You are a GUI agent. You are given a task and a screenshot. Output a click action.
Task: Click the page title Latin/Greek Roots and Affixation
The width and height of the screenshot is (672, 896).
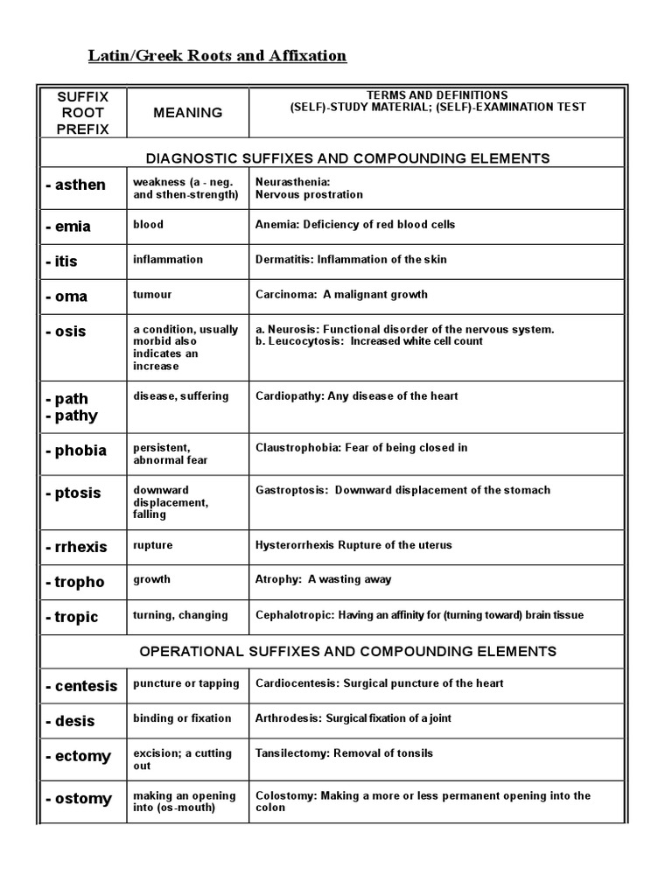217,56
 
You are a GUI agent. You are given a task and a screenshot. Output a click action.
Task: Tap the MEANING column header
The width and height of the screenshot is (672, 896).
187,112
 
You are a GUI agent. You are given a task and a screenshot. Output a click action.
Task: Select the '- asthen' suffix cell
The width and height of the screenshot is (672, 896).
76,185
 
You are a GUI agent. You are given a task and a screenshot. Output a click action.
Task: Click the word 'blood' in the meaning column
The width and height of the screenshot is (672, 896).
148,224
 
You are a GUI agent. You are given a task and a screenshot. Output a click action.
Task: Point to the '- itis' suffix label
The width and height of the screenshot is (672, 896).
63,261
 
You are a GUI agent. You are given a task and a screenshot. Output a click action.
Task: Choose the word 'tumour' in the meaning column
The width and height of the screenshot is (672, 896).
152,294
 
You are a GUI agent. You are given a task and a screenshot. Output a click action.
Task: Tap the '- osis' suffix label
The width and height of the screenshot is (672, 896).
66,332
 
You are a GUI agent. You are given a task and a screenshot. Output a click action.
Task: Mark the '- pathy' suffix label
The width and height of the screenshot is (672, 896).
72,416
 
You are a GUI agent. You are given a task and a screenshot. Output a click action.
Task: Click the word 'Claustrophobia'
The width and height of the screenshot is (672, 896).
294,447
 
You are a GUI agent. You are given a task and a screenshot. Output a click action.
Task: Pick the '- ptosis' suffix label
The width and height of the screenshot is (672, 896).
73,493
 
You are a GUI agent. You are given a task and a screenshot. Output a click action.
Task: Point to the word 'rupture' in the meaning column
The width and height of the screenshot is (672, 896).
152,545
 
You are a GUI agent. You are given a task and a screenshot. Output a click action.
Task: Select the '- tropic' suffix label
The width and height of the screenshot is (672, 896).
73,617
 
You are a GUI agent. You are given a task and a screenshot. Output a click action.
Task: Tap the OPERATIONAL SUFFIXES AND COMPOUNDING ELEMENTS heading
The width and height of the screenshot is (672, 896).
348,651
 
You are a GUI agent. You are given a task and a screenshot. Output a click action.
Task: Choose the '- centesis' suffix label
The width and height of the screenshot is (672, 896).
81,686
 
